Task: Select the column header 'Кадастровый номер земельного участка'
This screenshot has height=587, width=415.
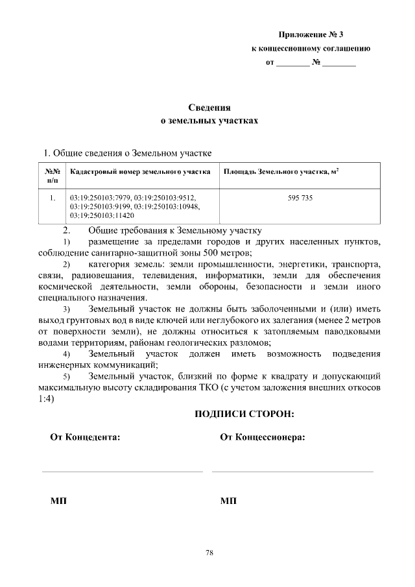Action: point(140,172)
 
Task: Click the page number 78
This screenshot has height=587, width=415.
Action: point(209,553)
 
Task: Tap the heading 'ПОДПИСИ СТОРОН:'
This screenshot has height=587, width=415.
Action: point(244,413)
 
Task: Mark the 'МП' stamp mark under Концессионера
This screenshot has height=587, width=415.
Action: point(228,501)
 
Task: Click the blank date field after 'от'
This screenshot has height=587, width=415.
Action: point(293,65)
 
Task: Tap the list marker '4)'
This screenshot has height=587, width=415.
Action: point(66,354)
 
